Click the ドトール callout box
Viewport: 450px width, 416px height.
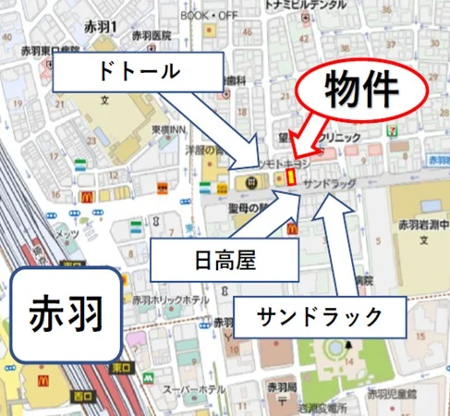coord(137,72)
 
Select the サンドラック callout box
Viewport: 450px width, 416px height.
coord(320,317)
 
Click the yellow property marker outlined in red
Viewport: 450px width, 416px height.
coord(290,175)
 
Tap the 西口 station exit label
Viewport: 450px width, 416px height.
coord(83,396)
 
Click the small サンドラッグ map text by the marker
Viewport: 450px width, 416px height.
coord(329,183)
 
